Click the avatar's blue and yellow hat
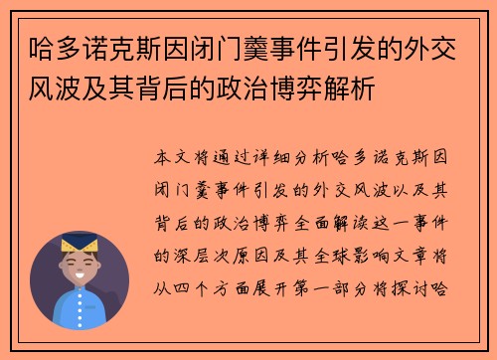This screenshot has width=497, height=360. (x=79, y=242)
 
